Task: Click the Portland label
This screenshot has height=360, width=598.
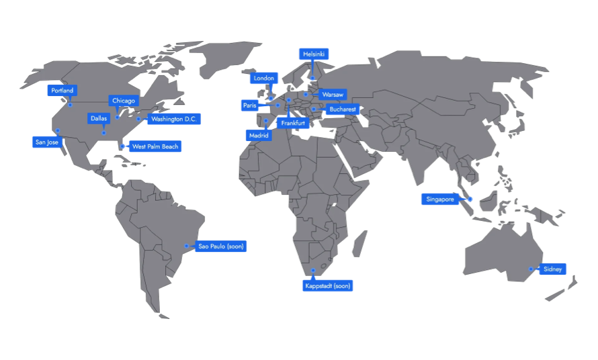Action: (x=62, y=91)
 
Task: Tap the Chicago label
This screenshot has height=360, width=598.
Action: (x=124, y=101)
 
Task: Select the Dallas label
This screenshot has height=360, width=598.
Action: (x=99, y=118)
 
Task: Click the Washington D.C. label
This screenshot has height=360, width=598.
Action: (x=174, y=119)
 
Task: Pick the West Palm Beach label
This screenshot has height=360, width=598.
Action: (x=155, y=146)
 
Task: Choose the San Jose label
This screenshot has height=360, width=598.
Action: (x=47, y=142)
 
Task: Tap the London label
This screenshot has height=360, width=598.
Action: (x=264, y=79)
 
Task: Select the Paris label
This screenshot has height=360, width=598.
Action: (x=250, y=105)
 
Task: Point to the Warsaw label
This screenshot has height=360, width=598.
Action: (x=333, y=95)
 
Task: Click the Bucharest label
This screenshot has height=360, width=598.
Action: (x=343, y=109)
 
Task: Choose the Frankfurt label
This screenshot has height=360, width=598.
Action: (x=293, y=124)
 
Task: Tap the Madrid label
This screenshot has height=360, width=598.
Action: (x=259, y=136)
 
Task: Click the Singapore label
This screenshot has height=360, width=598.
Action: (x=440, y=199)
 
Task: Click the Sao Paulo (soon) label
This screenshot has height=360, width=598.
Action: (x=221, y=246)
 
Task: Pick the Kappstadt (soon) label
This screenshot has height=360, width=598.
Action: (x=327, y=286)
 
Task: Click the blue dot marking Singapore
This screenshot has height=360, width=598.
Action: (x=470, y=199)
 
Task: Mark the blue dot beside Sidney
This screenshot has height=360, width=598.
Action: (x=530, y=269)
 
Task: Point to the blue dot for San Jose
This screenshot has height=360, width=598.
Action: (x=58, y=130)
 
